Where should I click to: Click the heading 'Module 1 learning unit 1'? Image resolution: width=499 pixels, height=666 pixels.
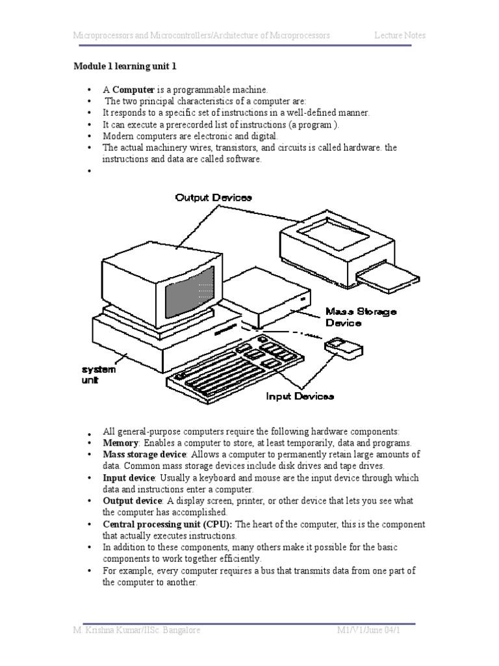point(125,66)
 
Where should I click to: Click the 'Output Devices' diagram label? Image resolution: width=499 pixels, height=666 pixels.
point(213,197)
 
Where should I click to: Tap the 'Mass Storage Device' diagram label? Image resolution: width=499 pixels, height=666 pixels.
point(361,317)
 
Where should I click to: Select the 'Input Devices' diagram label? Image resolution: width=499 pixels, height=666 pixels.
point(300,395)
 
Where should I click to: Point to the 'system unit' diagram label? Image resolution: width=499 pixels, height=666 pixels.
point(99,375)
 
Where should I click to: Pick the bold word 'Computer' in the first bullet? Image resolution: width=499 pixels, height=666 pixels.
point(133,89)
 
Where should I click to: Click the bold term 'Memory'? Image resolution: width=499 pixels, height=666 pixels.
point(121,442)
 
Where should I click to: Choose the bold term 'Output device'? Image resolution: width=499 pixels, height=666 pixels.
point(133,501)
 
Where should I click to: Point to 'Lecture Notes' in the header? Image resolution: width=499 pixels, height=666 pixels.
point(400,35)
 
